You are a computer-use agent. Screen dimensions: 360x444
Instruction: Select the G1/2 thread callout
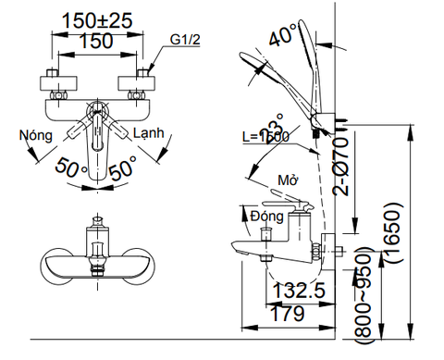(185, 39)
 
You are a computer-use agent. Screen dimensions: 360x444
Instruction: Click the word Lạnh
(149, 134)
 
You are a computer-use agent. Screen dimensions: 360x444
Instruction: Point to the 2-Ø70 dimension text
(341, 171)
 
